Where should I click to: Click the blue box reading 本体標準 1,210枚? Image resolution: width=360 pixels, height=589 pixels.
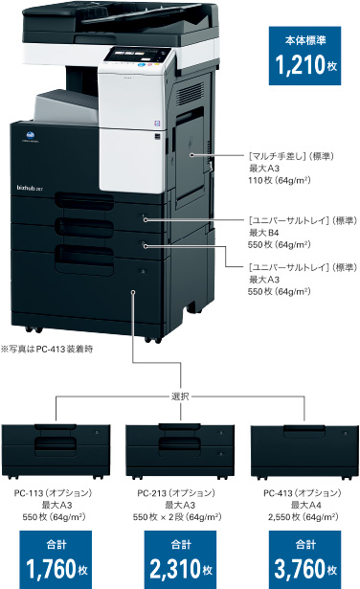pyautogui.click(x=304, y=57)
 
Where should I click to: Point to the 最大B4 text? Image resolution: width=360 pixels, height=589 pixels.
pyautogui.click(x=266, y=232)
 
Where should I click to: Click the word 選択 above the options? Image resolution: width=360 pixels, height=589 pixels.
pyautogui.click(x=180, y=396)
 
